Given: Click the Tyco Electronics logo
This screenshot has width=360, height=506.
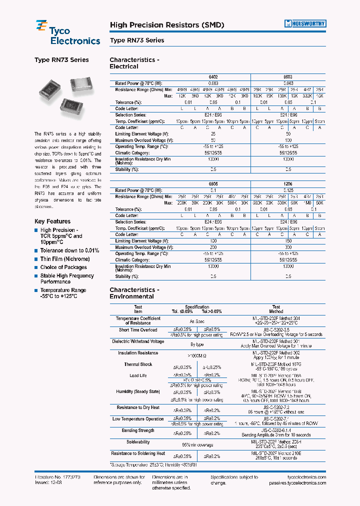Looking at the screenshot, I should [x=67, y=33].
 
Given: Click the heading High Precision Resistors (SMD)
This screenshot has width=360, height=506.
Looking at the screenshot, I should [x=166, y=25].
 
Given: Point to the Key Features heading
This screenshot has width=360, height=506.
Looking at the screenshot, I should [x=52, y=221].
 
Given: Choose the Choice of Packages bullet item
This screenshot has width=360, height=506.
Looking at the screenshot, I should [x=63, y=267].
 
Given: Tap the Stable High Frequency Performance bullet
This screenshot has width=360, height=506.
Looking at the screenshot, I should [x=67, y=278].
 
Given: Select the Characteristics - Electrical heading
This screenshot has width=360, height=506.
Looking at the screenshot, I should [x=134, y=63].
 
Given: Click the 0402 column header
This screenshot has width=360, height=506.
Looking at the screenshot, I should [x=212, y=77].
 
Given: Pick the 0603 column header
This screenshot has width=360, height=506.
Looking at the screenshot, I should [x=288, y=77].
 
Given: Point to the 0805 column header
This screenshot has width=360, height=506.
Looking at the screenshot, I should [x=212, y=184].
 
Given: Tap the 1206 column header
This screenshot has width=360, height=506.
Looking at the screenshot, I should [x=288, y=184].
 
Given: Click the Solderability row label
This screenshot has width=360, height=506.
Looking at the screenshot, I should [x=138, y=442].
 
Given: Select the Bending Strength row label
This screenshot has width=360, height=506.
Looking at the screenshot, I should [x=138, y=430].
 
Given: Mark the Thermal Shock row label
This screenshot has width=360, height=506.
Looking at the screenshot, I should [x=138, y=364].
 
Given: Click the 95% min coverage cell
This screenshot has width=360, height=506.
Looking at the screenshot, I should [x=197, y=444].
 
